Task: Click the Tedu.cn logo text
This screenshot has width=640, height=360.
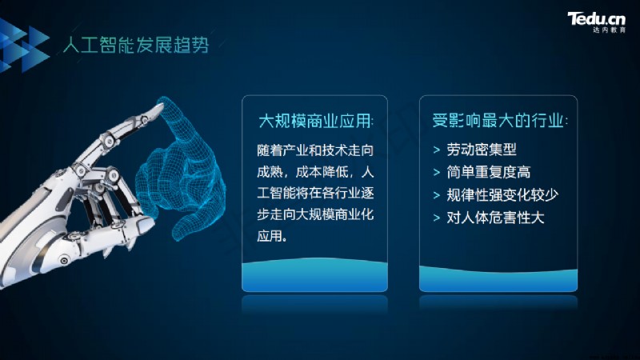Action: (x=596, y=18)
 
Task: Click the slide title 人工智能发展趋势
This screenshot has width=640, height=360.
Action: (x=136, y=45)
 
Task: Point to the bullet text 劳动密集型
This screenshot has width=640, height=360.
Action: (x=482, y=150)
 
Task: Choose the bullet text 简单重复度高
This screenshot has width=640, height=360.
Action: (x=489, y=172)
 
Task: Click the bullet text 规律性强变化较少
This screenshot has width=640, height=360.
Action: (x=502, y=195)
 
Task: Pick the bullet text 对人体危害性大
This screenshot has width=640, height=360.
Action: (x=495, y=218)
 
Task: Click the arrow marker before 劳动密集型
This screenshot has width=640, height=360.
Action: (x=437, y=150)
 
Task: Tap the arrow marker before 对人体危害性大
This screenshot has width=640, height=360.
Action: (x=437, y=218)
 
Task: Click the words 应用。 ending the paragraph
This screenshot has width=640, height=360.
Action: (x=272, y=235)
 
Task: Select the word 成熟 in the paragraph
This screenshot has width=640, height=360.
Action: (x=270, y=172)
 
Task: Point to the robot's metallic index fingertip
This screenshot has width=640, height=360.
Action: (x=158, y=109)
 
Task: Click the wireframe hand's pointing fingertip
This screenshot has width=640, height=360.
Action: (x=165, y=102)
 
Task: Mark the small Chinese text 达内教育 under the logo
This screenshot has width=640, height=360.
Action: (x=609, y=30)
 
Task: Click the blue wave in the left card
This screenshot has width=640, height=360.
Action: (x=314, y=274)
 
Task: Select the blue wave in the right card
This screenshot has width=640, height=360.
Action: (x=498, y=278)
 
